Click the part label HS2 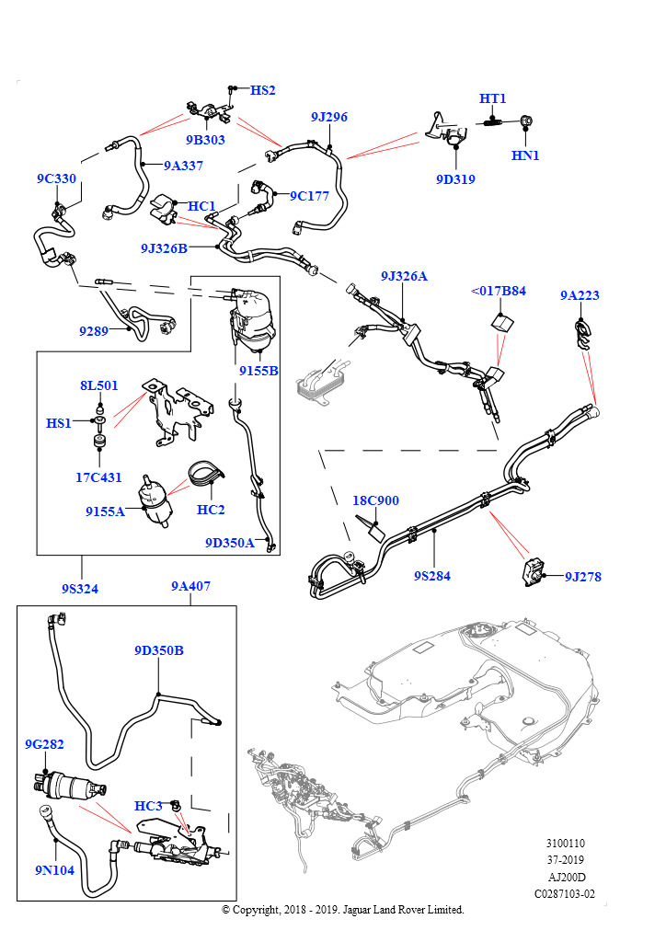click(x=263, y=90)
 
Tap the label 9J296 click(x=328, y=117)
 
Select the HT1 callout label click(x=493, y=98)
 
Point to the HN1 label click(x=525, y=155)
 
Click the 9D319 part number click(x=455, y=179)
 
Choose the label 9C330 click(x=56, y=178)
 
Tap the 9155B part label click(x=258, y=371)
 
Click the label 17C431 click(x=98, y=477)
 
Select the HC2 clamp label click(x=211, y=510)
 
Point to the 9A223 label click(x=580, y=295)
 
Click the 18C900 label click(x=375, y=500)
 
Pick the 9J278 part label click(x=583, y=577)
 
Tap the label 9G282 click(x=44, y=742)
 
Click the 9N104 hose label click(x=54, y=869)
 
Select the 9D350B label click(x=158, y=650)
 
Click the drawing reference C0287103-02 click(x=565, y=893)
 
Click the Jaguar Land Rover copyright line click(x=343, y=910)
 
